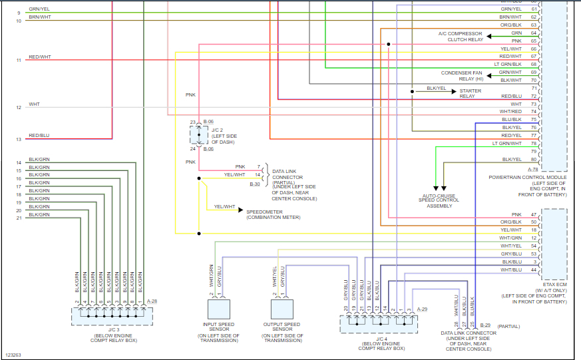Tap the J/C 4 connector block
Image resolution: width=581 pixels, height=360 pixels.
pos(377,324)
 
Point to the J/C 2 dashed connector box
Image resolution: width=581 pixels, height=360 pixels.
pos(198,135)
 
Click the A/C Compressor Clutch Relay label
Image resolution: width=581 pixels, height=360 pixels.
pos(461,37)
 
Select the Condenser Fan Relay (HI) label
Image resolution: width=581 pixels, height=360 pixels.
pos(462,76)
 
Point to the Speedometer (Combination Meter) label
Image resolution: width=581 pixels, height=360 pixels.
pos(274,214)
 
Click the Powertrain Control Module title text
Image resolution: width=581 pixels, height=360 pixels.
pos(527,177)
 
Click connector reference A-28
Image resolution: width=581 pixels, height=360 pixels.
pos(152,301)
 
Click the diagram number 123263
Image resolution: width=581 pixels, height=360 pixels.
pos(13,355)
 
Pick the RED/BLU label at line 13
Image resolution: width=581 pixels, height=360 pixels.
pos(39,136)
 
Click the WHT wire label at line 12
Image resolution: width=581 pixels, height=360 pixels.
pos(34,104)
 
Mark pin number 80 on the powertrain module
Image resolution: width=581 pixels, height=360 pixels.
pos(534,159)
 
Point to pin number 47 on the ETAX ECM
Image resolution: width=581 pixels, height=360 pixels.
pos(534,214)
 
